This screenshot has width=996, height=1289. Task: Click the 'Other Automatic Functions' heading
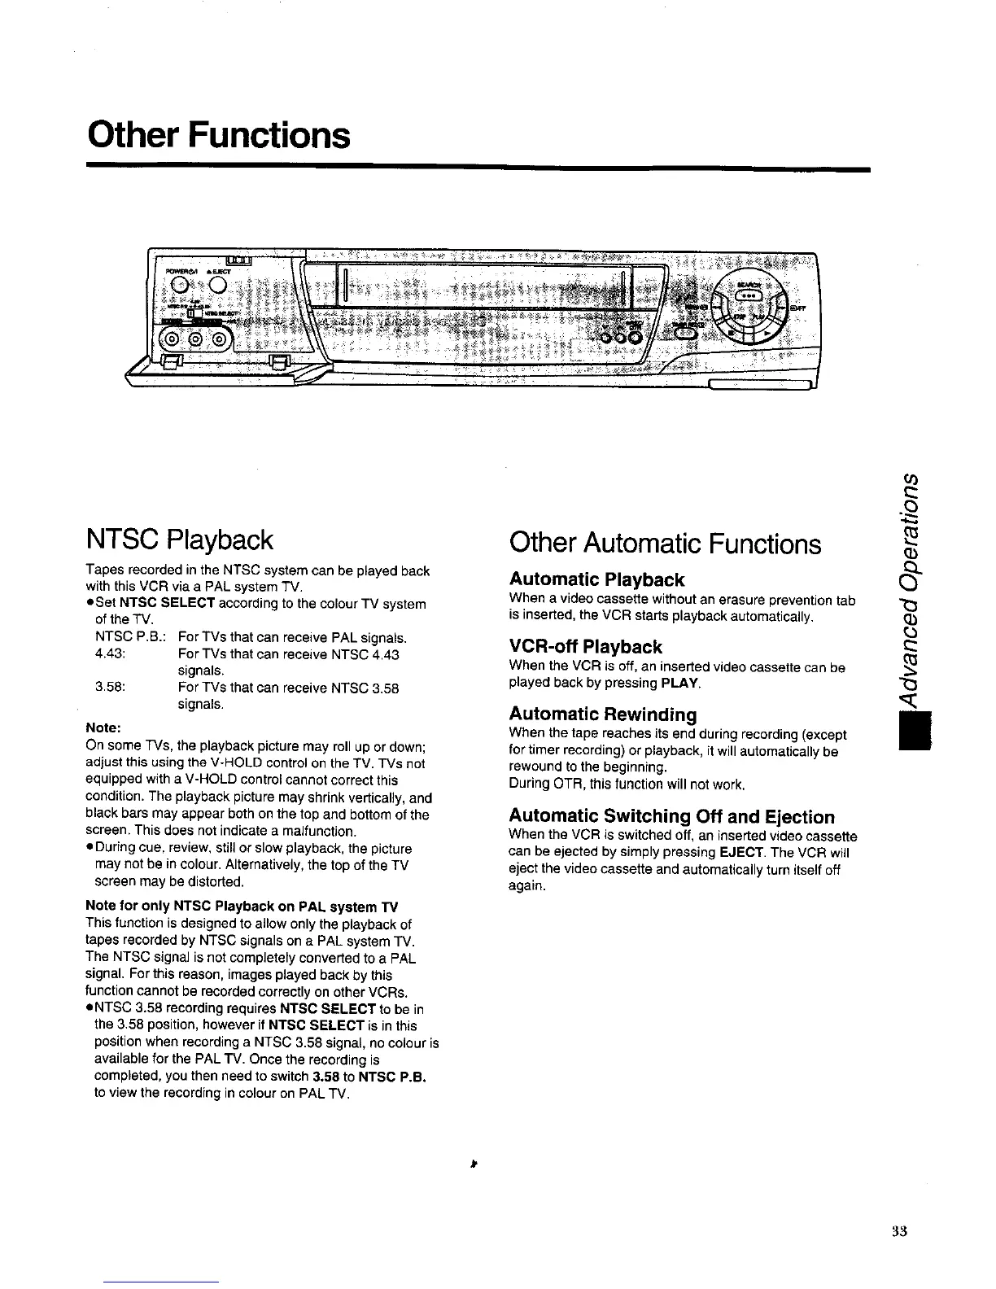[x=665, y=543]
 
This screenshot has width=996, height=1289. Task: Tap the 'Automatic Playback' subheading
[x=596, y=579]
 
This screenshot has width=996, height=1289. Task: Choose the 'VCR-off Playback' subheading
[x=585, y=647]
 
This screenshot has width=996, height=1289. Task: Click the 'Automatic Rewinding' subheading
[x=603, y=714]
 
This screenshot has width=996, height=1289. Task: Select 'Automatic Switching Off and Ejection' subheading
[x=671, y=816]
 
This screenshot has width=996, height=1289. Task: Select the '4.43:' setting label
[x=109, y=653]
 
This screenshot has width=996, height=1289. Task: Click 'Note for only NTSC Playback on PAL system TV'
[x=242, y=907]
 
